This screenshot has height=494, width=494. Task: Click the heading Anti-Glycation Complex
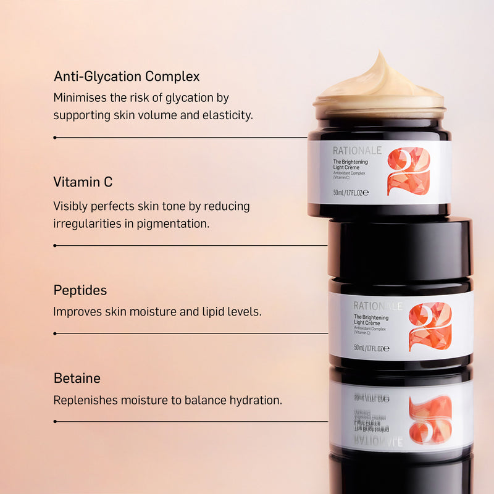(127, 77)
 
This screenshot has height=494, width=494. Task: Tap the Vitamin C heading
(83, 183)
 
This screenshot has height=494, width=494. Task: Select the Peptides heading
(80, 290)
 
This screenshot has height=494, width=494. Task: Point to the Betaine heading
(77, 378)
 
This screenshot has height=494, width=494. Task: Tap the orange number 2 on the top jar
(408, 171)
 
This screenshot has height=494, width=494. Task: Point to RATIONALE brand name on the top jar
(358, 151)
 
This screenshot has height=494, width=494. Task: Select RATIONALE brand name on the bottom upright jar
(377, 306)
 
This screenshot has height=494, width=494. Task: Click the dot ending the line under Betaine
(55, 422)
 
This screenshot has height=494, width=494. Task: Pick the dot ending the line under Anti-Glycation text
(55, 137)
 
